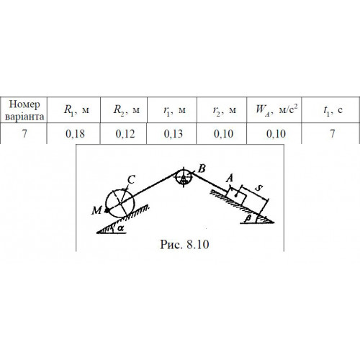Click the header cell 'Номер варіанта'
tap(24, 110)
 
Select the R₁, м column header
tap(76, 110)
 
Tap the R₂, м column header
tap(127, 110)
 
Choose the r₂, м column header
tap(225, 110)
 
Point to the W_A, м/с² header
tap(276, 109)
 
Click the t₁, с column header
tap(333, 110)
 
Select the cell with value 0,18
tap(75, 134)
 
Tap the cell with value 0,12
tap(125, 134)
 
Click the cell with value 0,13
tap(174, 134)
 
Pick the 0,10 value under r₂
tap(223, 134)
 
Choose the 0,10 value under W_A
tap(276, 134)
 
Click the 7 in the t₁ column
tap(333, 134)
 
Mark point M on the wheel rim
tap(107, 210)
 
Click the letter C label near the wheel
tap(131, 179)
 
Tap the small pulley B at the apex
tap(183, 178)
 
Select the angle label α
tap(121, 228)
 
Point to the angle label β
tap(248, 218)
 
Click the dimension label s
tap(258, 188)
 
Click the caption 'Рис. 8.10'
tap(184, 245)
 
